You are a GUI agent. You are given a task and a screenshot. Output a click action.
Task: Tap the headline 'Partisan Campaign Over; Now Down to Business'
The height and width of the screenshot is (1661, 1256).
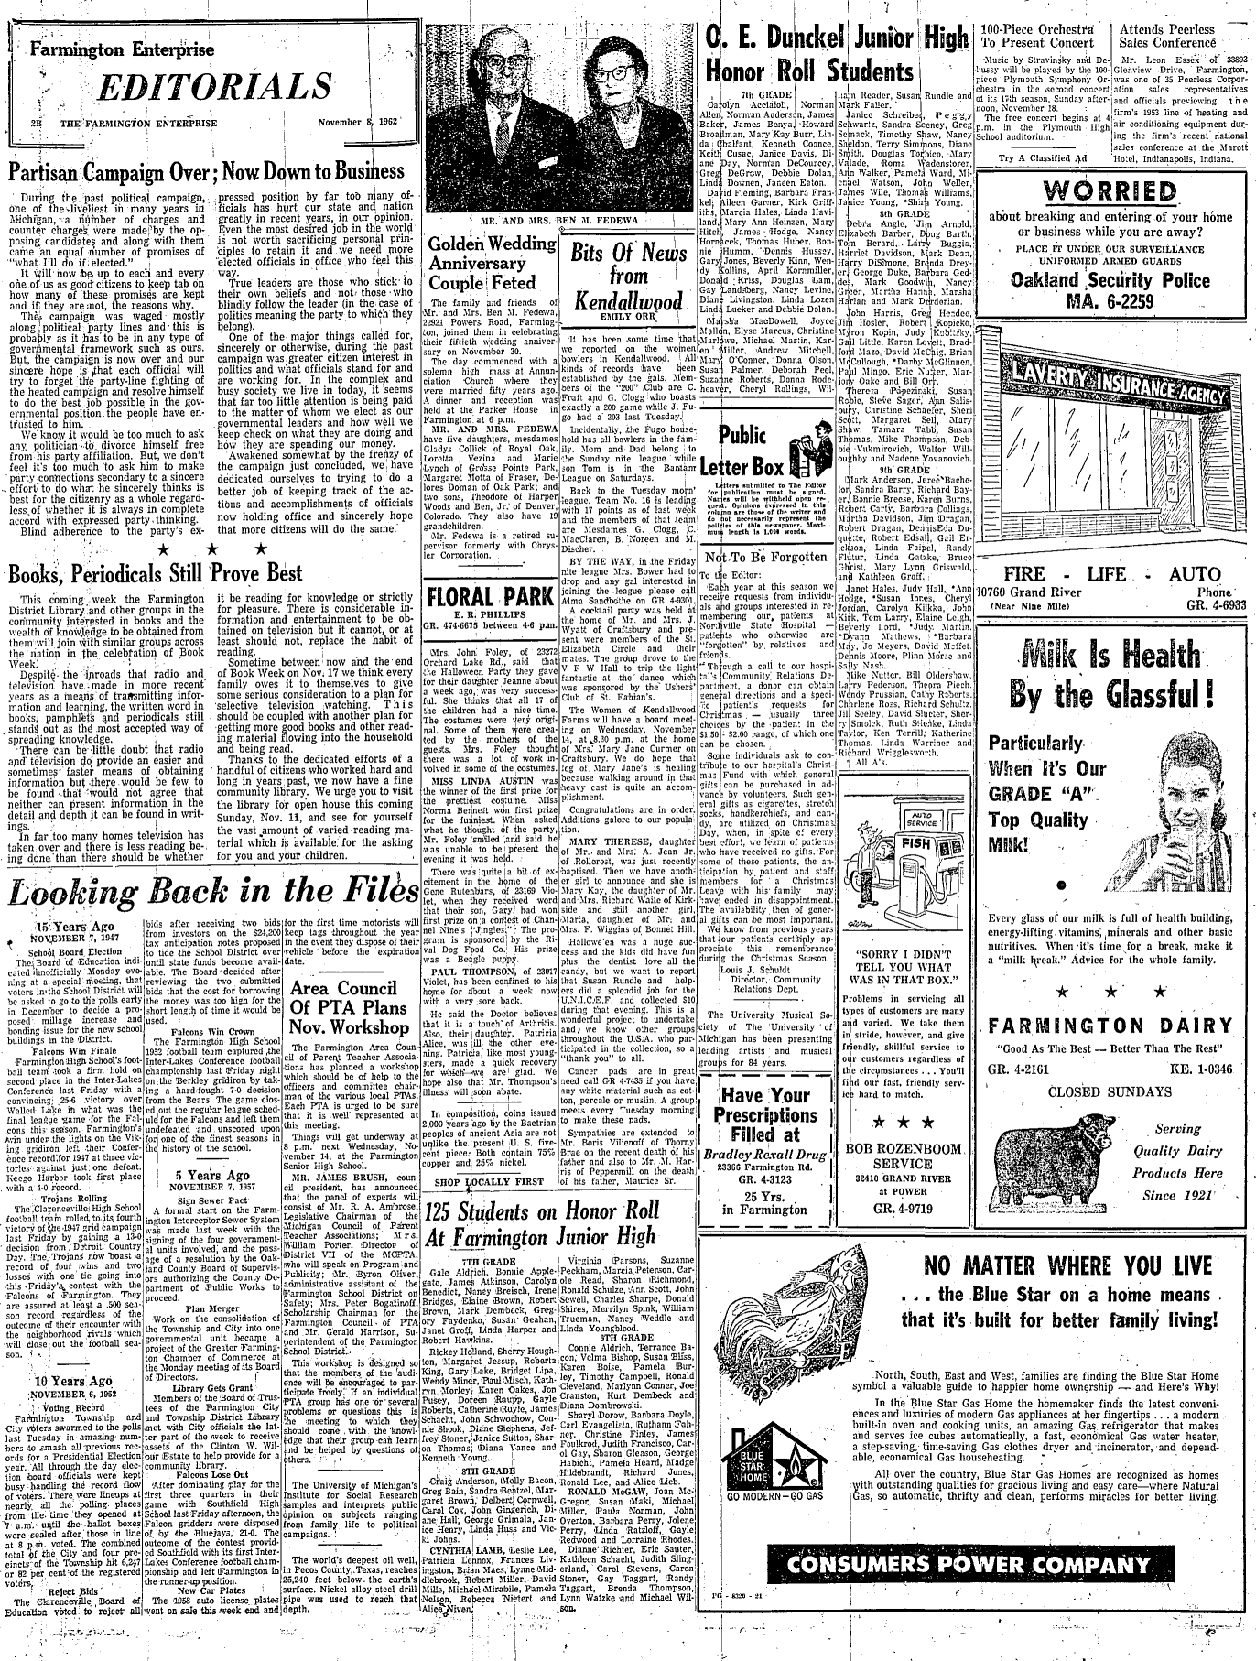206,171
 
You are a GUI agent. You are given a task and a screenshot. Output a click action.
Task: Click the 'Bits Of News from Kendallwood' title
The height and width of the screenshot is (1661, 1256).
623,275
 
